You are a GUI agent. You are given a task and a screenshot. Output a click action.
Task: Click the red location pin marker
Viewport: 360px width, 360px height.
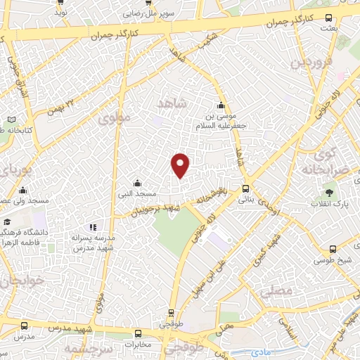[x=181, y=165]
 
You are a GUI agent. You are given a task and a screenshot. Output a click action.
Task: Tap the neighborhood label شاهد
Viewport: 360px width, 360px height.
[x=173, y=105]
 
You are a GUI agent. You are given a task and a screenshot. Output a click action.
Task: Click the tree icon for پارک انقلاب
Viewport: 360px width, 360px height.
[x=329, y=192]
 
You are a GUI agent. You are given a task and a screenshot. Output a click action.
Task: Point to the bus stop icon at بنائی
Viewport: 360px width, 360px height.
[x=245, y=188]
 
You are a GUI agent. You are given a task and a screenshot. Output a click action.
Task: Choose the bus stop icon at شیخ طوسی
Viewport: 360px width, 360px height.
[x=332, y=248]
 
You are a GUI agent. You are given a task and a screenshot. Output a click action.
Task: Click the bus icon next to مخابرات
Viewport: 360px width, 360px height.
[x=138, y=333]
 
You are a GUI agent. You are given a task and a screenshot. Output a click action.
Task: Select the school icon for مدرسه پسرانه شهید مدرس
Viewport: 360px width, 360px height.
[x=94, y=227]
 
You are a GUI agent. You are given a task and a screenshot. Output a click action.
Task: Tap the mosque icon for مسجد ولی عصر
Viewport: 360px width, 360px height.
[x=22, y=190]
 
